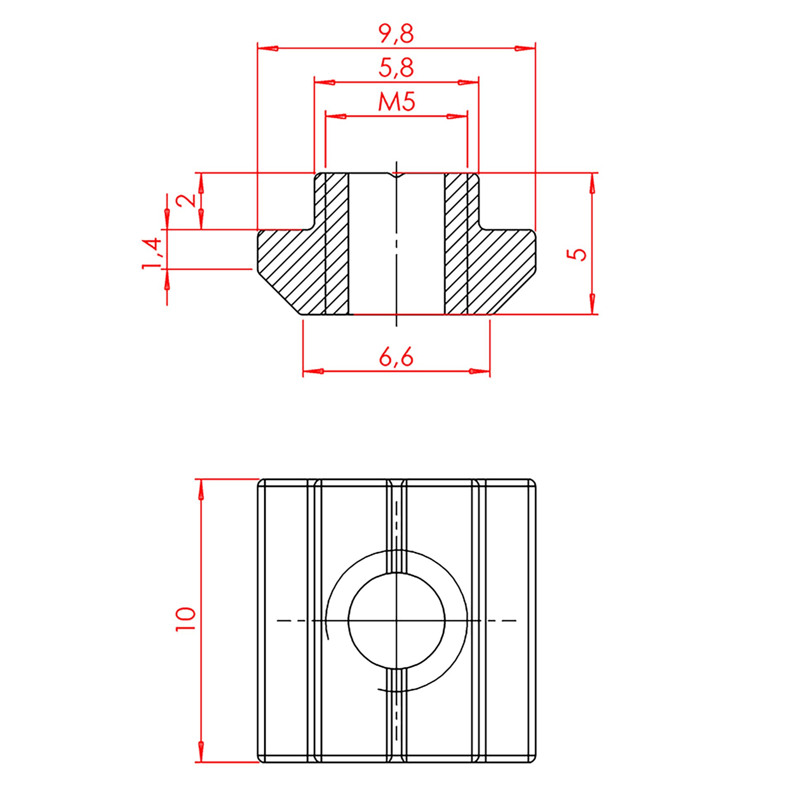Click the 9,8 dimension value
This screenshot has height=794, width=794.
pos(396,34)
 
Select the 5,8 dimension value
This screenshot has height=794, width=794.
pos(396,68)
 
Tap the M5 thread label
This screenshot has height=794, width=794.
pos(397,102)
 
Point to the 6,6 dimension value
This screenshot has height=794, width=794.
pos(396,357)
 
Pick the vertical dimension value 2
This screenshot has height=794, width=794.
pos(186,201)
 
